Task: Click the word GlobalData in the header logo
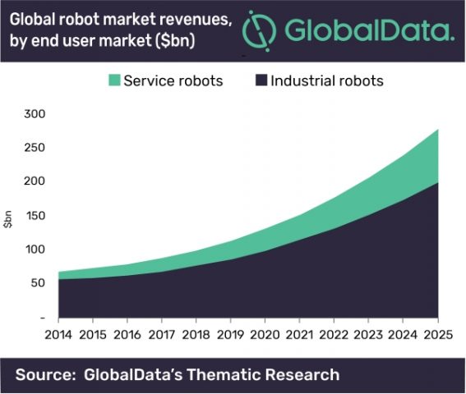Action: (x=369, y=31)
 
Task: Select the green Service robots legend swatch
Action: (x=113, y=80)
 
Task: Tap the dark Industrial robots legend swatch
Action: (x=262, y=80)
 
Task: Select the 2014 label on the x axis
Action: (x=58, y=334)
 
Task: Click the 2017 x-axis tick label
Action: (x=160, y=334)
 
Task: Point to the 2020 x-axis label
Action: (x=264, y=334)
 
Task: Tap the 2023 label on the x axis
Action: (x=367, y=334)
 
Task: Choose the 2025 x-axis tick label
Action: (x=436, y=334)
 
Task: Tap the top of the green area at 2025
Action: (x=436, y=130)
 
